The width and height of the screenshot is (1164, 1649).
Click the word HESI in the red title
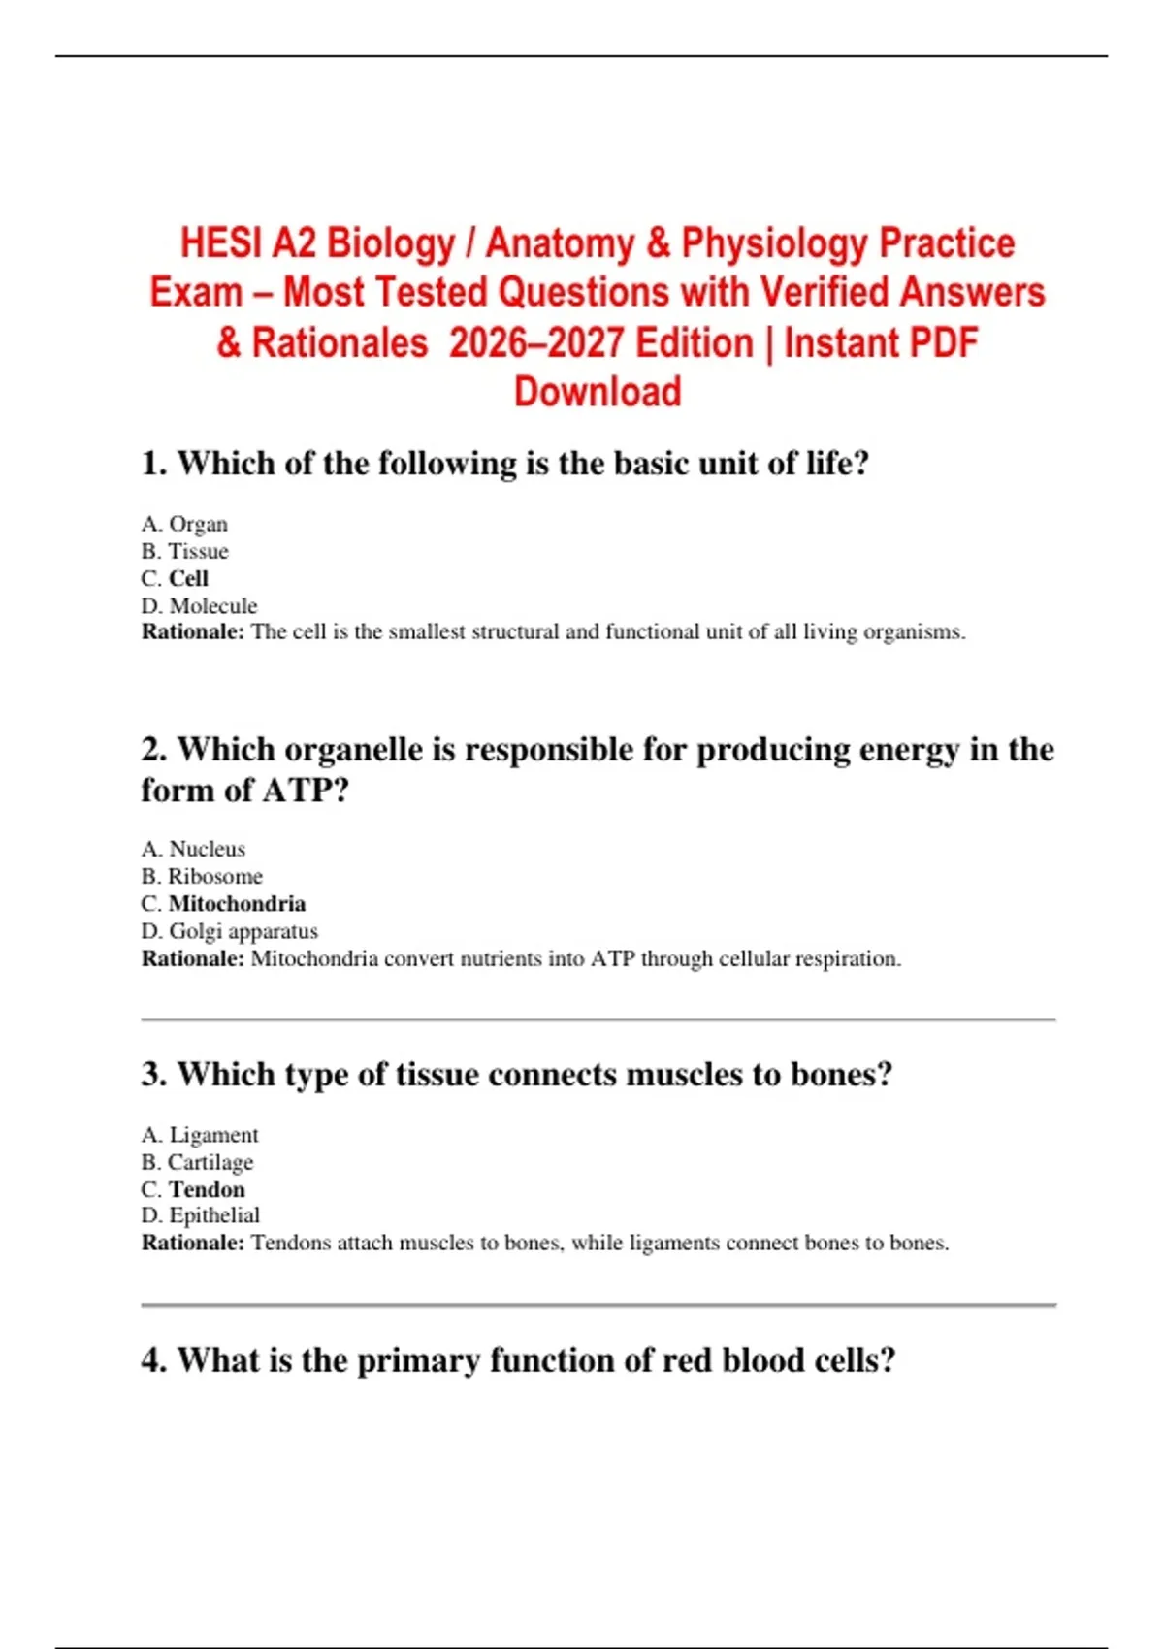[221, 243]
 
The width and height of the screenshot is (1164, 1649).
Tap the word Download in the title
[598, 392]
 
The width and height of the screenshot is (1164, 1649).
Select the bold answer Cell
[188, 579]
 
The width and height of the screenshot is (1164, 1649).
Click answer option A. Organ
[184, 524]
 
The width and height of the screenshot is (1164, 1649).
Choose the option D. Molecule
[199, 606]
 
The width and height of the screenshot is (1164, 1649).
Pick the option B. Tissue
[184, 552]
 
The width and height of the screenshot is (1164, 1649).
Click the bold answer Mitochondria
[237, 904]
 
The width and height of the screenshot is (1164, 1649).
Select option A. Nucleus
[193, 849]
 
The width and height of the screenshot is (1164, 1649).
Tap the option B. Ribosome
[202, 877]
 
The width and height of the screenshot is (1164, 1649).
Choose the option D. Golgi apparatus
[229, 931]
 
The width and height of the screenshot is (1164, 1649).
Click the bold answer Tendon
[207, 1189]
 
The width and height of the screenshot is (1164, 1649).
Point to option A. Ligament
[200, 1135]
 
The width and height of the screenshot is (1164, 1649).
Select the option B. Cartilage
[197, 1162]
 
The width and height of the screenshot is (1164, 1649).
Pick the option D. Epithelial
[201, 1215]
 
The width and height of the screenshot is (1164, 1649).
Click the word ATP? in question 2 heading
[306, 791]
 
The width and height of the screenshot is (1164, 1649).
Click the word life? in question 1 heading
[836, 464]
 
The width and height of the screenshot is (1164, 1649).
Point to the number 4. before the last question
[154, 1361]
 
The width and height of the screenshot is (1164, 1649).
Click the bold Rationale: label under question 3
[193, 1244]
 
